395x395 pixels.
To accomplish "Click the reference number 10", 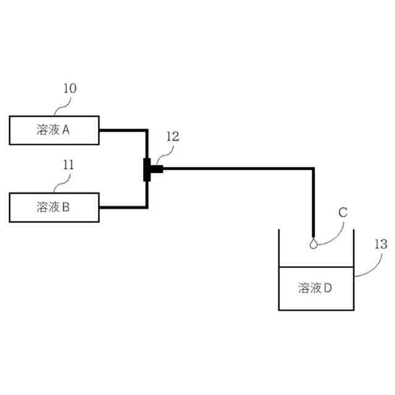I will tap(70, 89).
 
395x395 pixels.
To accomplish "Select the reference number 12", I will tap(172, 137).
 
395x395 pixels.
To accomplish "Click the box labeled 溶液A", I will tap(54, 130).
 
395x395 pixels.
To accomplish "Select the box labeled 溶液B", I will tap(54, 207).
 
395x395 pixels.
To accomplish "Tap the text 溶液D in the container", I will tap(316, 288).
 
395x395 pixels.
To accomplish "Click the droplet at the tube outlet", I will tap(314, 243).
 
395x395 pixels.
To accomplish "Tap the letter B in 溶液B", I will tap(66, 207).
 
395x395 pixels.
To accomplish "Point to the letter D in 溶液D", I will tap(328, 288).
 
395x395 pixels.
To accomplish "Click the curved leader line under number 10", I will tap(62, 106).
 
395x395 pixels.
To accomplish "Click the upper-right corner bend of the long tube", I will tap(314, 168).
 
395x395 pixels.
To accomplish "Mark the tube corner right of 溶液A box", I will tap(146, 131).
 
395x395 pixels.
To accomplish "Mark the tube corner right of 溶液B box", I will tap(146, 206).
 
